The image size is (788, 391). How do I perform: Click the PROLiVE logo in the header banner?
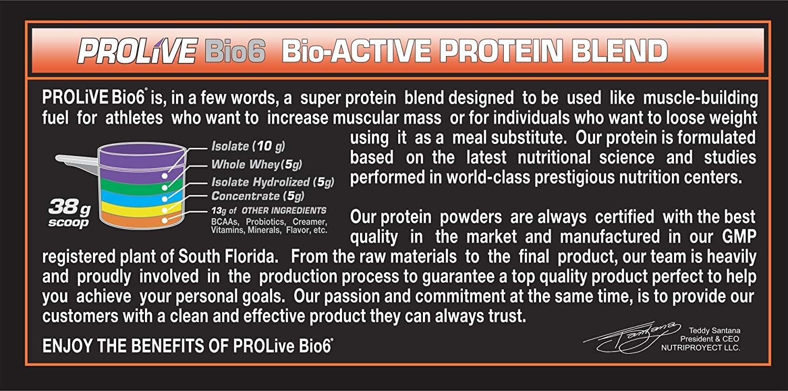click(x=136, y=51)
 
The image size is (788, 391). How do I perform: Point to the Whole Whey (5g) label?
click(x=257, y=164)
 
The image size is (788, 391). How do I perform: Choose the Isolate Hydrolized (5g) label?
click(x=272, y=182)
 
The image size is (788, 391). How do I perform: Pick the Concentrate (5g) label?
click(x=257, y=197)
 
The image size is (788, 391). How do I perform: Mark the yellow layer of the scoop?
click(x=142, y=211)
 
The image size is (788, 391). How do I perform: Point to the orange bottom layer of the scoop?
click(x=142, y=222)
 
